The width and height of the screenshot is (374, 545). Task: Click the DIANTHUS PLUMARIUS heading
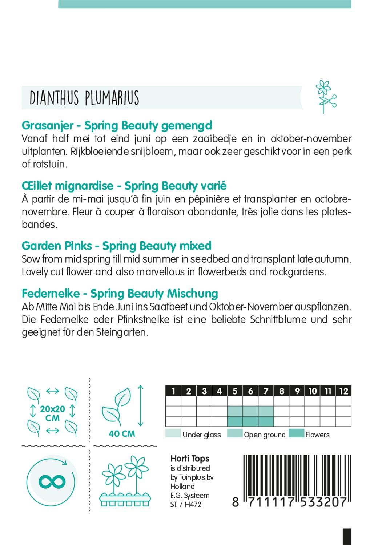tap(84, 98)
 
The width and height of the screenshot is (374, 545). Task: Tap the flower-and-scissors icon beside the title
tap(325, 97)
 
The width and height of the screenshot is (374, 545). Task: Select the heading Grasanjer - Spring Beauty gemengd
tap(117, 125)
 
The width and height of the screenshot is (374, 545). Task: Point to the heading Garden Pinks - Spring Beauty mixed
tap(116, 246)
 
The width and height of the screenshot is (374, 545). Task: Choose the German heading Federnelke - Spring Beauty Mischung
tap(120, 293)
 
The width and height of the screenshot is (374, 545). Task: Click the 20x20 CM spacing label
tap(52, 413)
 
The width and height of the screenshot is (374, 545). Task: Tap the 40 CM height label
tap(122, 433)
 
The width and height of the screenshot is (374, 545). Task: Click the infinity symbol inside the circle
tap(52, 482)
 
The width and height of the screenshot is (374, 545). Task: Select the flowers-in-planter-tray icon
tap(125, 481)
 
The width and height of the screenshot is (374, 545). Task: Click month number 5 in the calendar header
tap(235, 391)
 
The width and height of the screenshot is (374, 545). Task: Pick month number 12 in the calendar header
tap(343, 391)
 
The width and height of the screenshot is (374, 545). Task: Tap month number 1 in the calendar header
tap(173, 391)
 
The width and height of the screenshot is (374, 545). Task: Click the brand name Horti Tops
tap(190, 459)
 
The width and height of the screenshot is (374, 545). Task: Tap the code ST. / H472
tap(185, 504)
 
